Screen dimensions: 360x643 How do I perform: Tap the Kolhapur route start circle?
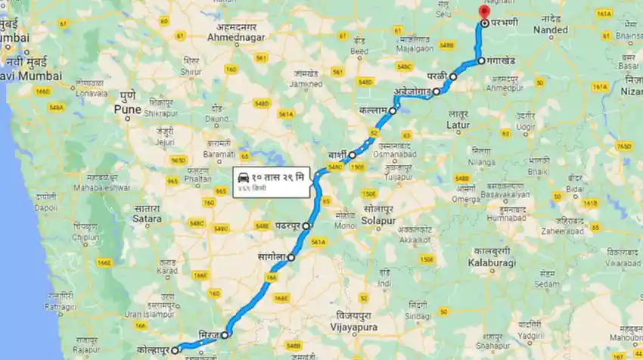pyautogui.click(x=175, y=349)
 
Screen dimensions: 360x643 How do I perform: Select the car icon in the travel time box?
pyautogui.click(x=244, y=176)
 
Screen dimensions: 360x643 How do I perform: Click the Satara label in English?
pyautogui.click(x=147, y=219)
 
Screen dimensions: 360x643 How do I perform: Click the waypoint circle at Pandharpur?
pyautogui.click(x=306, y=226)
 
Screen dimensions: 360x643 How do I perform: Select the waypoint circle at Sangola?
pyautogui.click(x=291, y=257)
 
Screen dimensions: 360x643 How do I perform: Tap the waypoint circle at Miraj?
pyautogui.click(x=225, y=334)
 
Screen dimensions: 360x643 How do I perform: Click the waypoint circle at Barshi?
pyautogui.click(x=352, y=154)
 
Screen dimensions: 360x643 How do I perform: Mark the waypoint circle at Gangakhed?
pyautogui.click(x=480, y=61)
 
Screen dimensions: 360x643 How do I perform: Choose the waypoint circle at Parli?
pyautogui.click(x=453, y=77)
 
